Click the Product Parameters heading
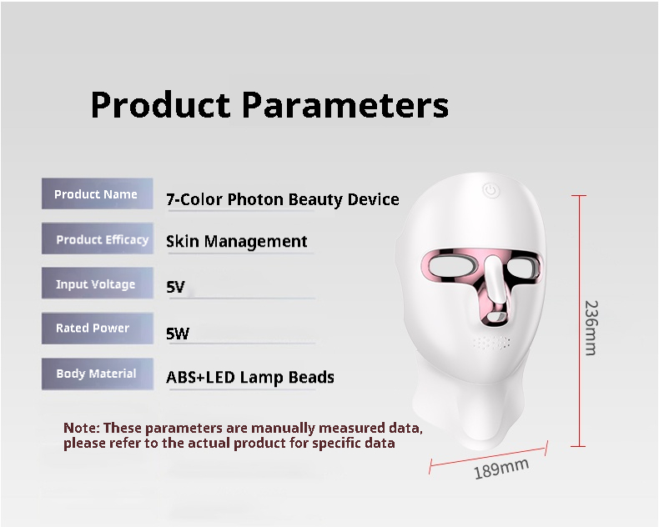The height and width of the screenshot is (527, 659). pos(269,106)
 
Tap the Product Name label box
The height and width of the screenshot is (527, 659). pos(97,194)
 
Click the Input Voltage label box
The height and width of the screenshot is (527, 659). pos(97,284)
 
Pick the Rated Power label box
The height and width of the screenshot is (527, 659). pos(97,329)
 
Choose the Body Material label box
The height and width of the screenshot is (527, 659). pos(97,374)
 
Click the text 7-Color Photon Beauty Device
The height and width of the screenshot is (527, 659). pos(282,199)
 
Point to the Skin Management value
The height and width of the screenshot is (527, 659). pos(236,242)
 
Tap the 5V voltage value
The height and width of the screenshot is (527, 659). pos(175,288)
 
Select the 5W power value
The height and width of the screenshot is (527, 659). pos(178,334)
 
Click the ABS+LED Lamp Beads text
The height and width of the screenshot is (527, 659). pos(249,377)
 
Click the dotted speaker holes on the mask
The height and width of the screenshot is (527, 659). pos(492,343)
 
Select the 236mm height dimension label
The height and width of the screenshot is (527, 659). pos(590,328)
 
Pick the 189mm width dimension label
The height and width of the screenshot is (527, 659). pos(501,469)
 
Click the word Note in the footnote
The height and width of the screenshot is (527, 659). pos(80,429)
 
